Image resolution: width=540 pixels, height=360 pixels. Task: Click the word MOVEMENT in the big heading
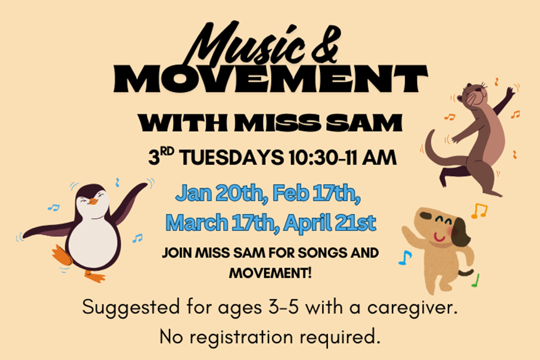click(x=271, y=79)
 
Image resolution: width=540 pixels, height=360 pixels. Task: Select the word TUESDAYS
click(x=232, y=158)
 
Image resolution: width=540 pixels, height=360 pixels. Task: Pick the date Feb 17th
click(x=316, y=193)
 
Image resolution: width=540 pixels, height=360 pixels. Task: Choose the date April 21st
click(x=330, y=223)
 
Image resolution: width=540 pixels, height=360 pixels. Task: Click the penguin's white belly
click(x=92, y=242)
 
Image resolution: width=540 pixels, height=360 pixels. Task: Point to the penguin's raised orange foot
click(x=62, y=255)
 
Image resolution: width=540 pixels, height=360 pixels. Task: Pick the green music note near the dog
click(x=476, y=281)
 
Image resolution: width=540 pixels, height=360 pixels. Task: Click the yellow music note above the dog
click(x=480, y=210)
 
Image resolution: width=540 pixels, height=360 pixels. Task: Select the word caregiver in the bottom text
click(x=412, y=307)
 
